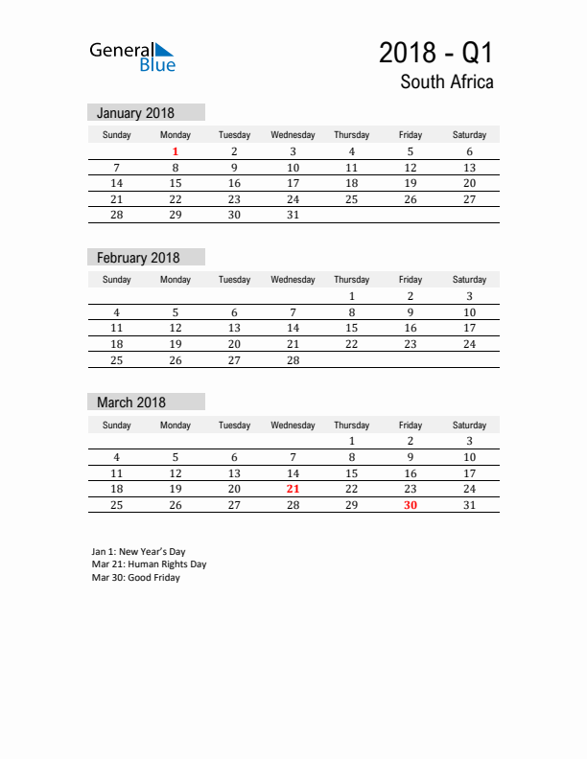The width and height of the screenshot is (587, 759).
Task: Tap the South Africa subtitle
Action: (447, 82)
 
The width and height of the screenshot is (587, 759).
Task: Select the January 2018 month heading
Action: (135, 113)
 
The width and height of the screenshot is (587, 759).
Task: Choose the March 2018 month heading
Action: (131, 402)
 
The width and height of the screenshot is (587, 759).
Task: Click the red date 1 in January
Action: (176, 151)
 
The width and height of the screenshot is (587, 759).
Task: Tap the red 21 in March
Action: (293, 490)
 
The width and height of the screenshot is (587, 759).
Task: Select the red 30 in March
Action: (411, 505)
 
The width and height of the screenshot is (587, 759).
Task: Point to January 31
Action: (293, 215)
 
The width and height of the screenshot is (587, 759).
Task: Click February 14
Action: (293, 328)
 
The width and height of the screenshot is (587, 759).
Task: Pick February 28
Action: (293, 360)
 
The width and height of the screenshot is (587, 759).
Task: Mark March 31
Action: (469, 505)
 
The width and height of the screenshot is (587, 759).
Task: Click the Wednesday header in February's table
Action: (293, 280)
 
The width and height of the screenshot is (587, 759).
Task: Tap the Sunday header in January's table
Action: (117, 135)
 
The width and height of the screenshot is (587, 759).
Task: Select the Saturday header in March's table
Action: (469, 425)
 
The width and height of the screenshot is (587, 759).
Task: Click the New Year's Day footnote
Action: (138, 552)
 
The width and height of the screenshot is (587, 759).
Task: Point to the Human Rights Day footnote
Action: (149, 564)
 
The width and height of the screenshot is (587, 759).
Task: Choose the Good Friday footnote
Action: (135, 578)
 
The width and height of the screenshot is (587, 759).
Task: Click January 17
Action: (293, 183)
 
